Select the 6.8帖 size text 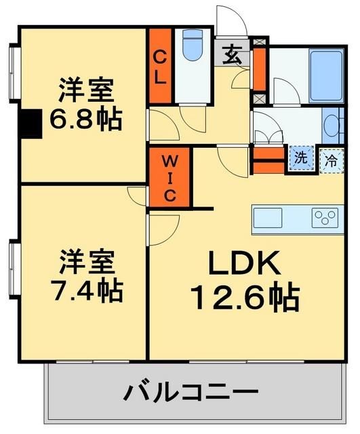(x=87, y=119)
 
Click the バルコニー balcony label (x=192, y=392)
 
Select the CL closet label (x=160, y=67)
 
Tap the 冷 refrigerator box (x=331, y=161)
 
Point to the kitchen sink (x=268, y=218)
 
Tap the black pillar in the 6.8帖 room (x=31, y=123)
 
